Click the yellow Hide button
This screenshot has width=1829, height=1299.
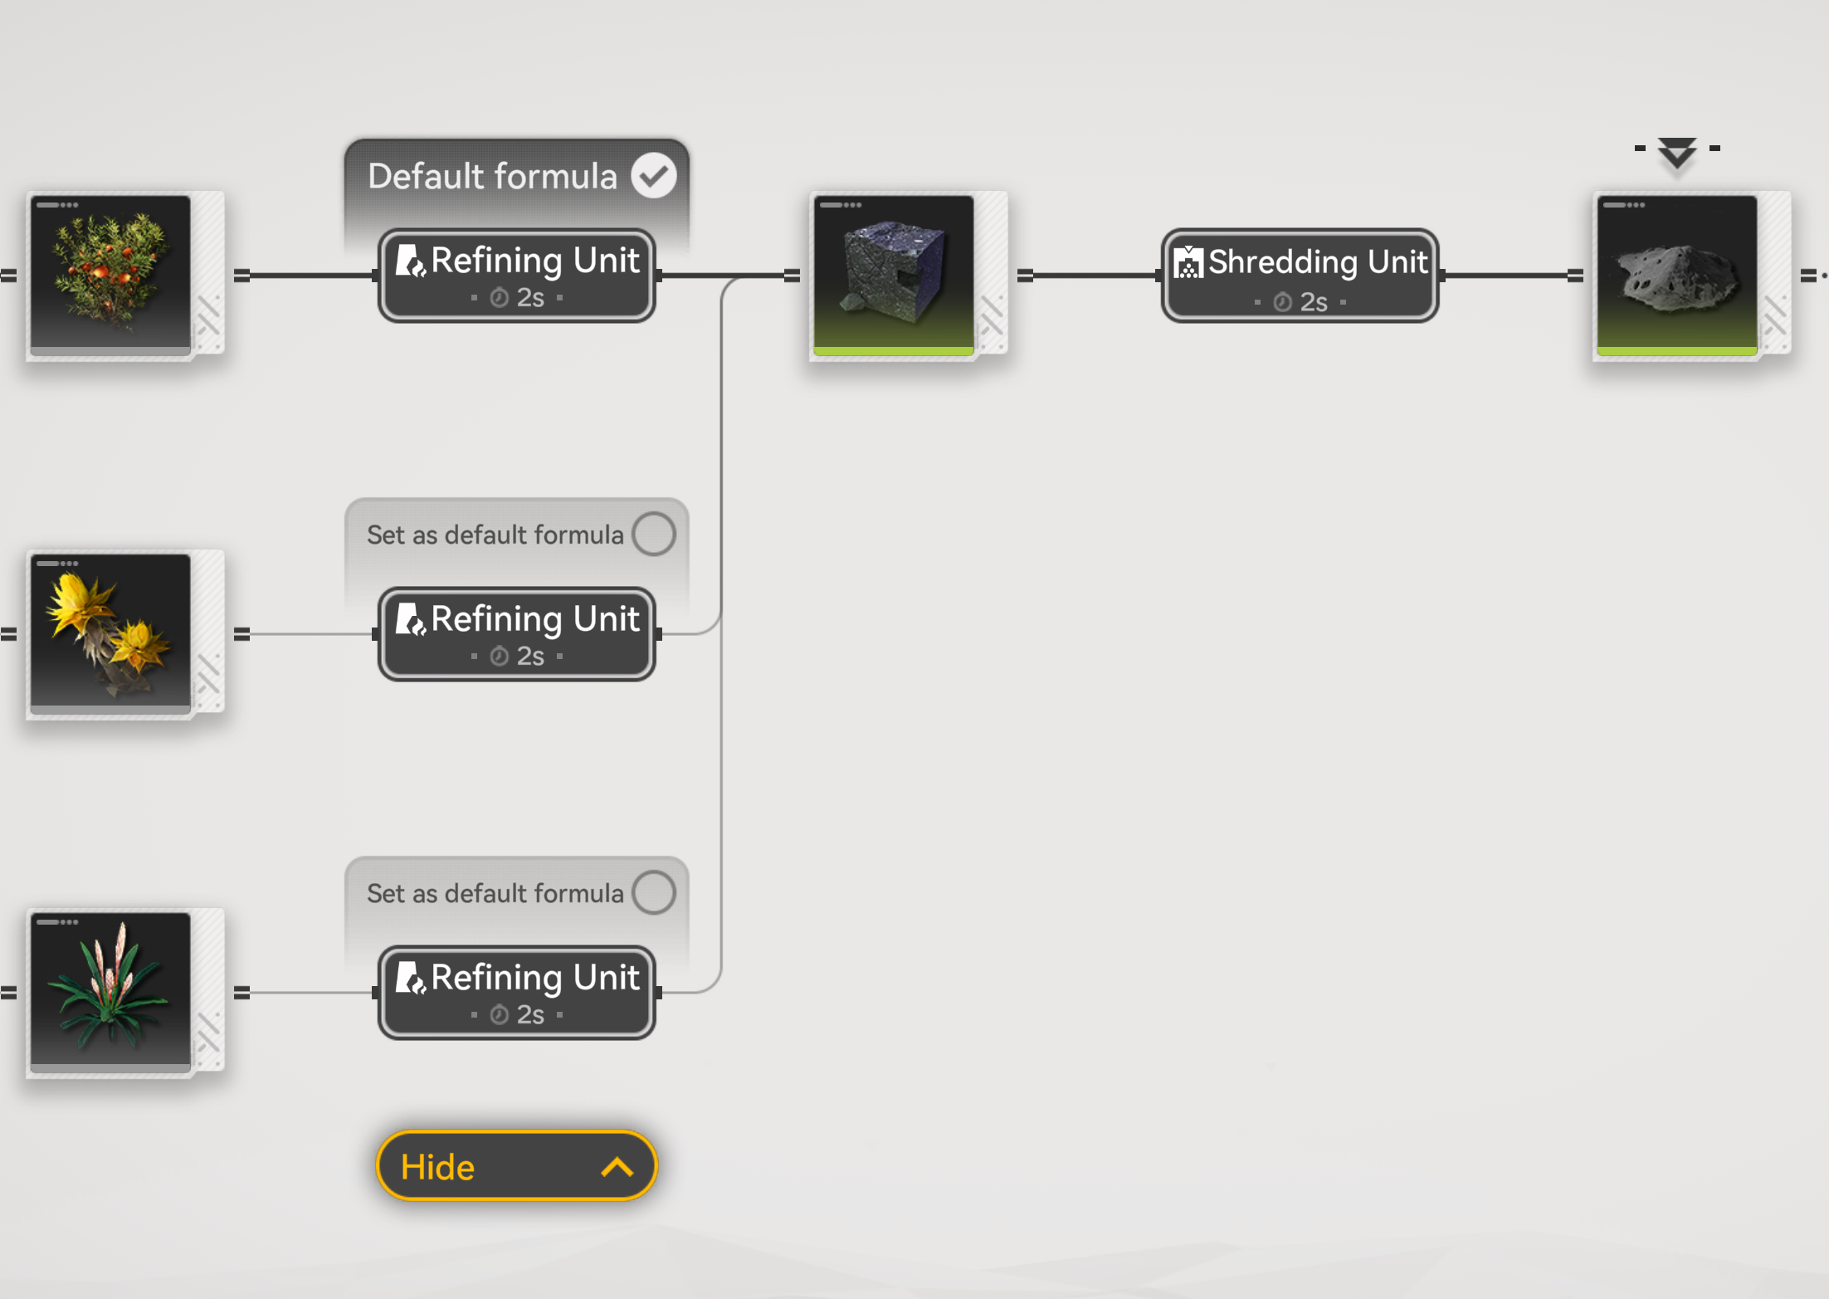(x=515, y=1166)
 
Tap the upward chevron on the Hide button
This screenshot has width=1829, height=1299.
(x=617, y=1168)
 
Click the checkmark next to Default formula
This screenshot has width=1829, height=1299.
(x=654, y=175)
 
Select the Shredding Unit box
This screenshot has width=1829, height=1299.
(x=1300, y=276)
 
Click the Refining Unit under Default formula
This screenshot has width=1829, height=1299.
(x=516, y=276)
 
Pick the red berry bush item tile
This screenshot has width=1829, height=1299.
(x=110, y=275)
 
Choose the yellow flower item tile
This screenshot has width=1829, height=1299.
(x=110, y=633)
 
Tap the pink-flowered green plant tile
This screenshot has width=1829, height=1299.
(x=110, y=992)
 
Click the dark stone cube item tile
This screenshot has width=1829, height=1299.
(x=894, y=275)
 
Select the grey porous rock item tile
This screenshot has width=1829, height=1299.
(x=1676, y=275)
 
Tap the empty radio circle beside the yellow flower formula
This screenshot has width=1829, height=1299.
(x=654, y=534)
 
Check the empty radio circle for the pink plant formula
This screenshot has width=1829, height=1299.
(x=654, y=892)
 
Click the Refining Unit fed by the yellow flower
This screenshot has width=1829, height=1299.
(x=516, y=634)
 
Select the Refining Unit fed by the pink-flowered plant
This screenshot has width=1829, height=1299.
(x=516, y=993)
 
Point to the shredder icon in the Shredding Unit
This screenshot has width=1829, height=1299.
(x=1188, y=262)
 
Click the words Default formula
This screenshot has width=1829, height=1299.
(x=492, y=176)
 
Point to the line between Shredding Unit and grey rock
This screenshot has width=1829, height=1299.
(x=1506, y=276)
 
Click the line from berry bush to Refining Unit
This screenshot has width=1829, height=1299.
(x=311, y=276)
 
